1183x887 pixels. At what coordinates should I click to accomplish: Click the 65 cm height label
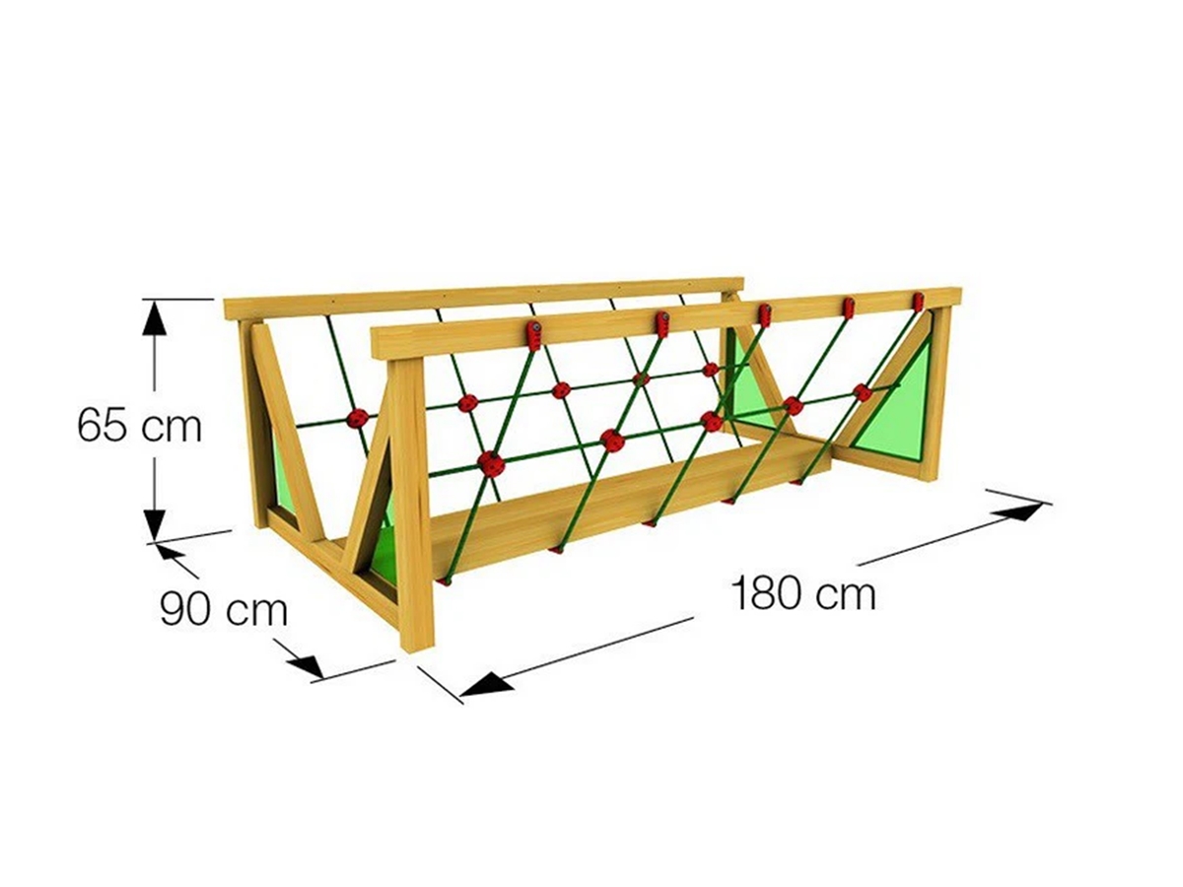(x=139, y=427)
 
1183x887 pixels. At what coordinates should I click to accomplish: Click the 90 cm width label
(x=224, y=608)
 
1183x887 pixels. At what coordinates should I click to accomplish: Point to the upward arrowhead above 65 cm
(x=155, y=318)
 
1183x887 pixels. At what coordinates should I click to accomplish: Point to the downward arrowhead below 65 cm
(x=155, y=521)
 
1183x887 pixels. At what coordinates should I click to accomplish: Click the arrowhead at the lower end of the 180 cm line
(x=486, y=683)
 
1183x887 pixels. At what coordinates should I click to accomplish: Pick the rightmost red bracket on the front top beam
(x=918, y=302)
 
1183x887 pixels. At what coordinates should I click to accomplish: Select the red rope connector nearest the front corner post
(x=491, y=464)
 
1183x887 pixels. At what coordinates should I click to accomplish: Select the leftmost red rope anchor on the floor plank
(x=445, y=580)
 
